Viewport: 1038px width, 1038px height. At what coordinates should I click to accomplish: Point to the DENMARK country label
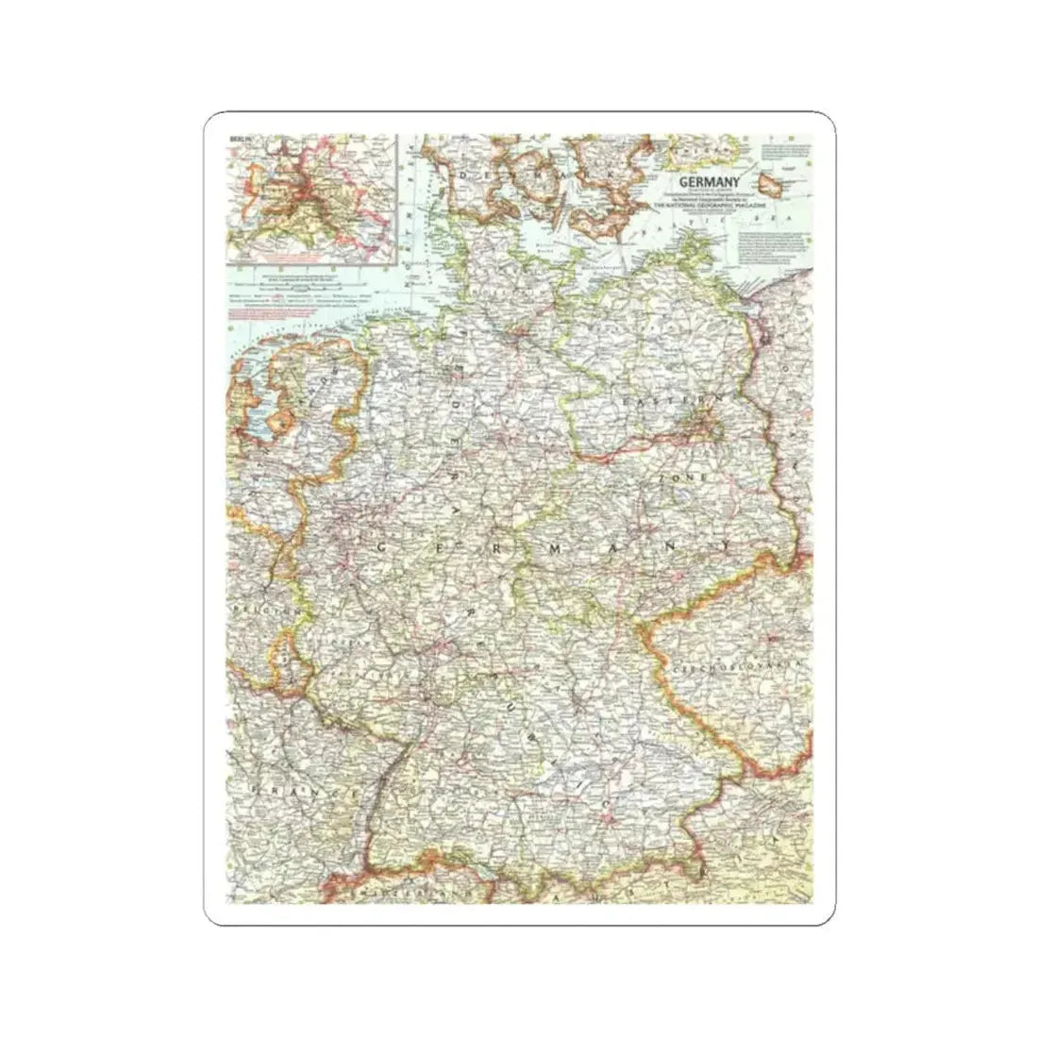[538, 178]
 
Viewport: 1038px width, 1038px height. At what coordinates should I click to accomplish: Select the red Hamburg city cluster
[518, 331]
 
